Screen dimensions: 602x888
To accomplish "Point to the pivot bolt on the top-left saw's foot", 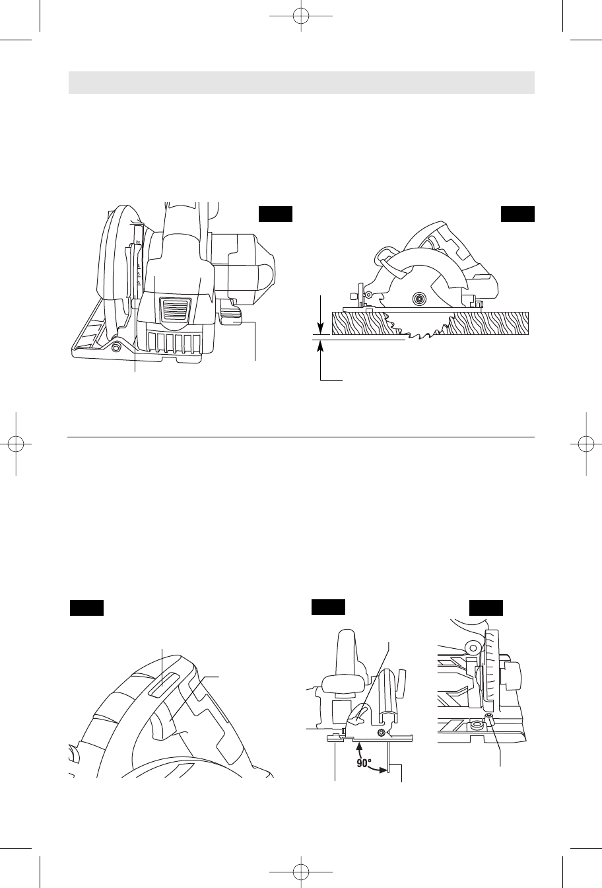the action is click(x=116, y=347).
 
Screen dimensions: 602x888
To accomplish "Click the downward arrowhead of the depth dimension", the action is click(x=320, y=328).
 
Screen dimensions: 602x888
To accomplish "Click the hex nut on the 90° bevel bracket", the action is click(x=381, y=731).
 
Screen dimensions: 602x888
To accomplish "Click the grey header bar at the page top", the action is click(x=301, y=83).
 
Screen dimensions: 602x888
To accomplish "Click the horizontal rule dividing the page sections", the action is click(x=301, y=437).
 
